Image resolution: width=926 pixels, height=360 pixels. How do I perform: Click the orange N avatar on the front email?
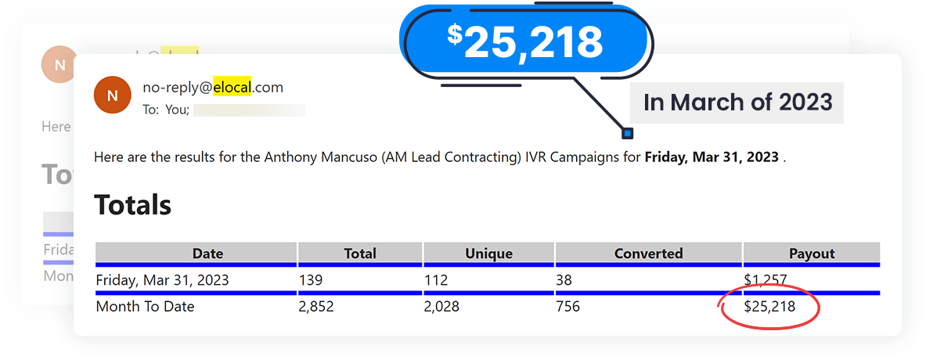coord(112,95)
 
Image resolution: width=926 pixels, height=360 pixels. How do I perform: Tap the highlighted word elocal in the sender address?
coord(232,87)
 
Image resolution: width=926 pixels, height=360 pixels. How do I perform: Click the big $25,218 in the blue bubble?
coord(525,41)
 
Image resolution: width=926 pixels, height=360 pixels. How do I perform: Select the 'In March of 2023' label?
coord(737,103)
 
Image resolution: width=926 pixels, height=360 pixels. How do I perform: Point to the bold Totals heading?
coord(132,205)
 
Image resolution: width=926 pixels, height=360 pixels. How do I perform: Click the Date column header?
coord(207,254)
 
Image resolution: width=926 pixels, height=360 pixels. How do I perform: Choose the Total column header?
coord(360,254)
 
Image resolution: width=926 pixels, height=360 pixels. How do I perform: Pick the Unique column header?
coord(488,254)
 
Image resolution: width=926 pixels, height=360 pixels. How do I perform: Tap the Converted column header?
coord(648,254)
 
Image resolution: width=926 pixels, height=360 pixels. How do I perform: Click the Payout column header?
coord(812,254)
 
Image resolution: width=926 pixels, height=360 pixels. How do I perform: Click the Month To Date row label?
coord(145,307)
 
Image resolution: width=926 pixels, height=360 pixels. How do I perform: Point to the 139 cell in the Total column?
coord(311,280)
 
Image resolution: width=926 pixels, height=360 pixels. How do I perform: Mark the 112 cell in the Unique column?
coord(435,280)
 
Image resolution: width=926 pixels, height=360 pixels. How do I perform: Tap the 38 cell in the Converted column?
coord(564,280)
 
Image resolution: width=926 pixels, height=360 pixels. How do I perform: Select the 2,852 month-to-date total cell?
coord(316,307)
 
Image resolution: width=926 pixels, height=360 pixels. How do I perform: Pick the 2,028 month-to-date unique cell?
coord(441,307)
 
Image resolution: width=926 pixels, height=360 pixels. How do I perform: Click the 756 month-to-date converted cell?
coord(567,307)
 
